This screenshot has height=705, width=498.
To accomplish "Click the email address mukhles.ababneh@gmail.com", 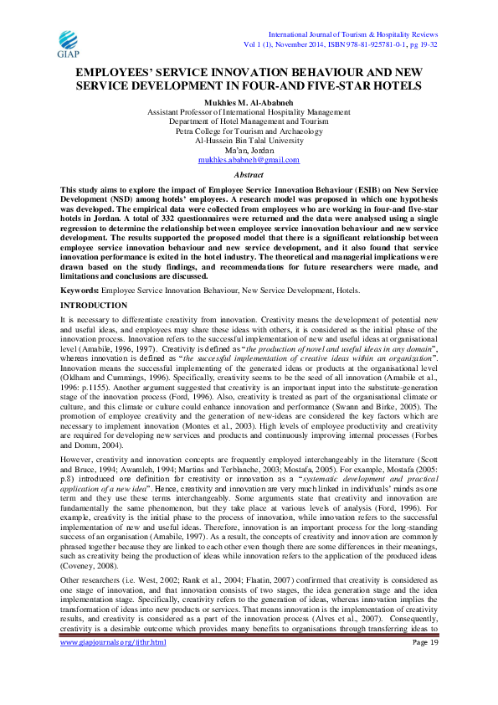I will pos(248,159).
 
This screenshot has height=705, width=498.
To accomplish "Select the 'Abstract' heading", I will pos(249,174).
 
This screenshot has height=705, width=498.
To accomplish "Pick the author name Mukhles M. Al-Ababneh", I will pos(249,101).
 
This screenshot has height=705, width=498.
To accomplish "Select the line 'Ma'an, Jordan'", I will pos(249,150).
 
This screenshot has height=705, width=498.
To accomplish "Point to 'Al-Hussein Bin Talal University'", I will pos(249,140).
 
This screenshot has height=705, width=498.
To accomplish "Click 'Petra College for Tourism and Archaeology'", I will pos(249,131).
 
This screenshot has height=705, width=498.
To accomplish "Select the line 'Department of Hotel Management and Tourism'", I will pos(249,121).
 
